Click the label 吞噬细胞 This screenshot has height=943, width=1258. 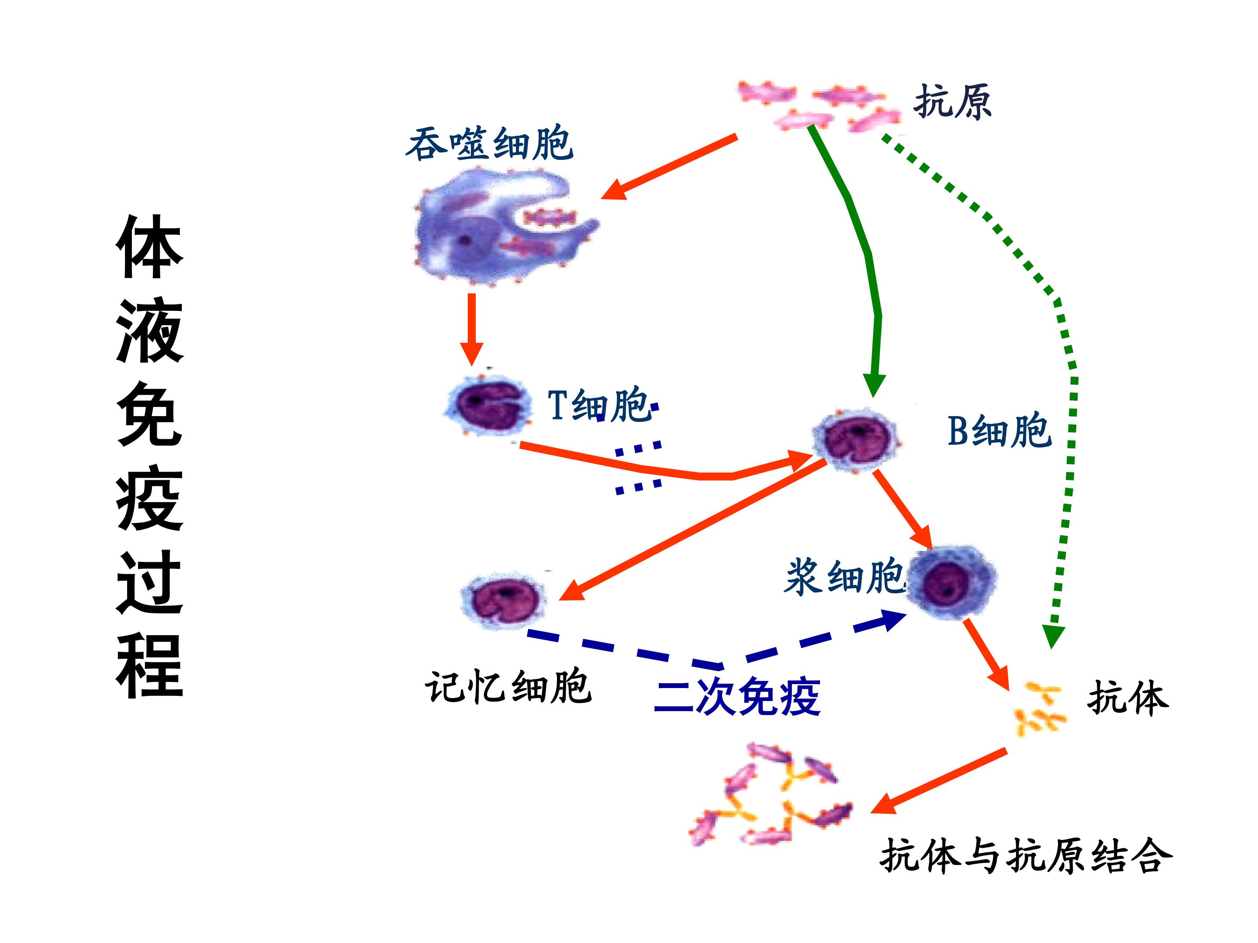(x=490, y=143)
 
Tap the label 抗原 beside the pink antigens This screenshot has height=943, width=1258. (x=953, y=102)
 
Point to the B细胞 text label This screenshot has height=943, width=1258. (x=999, y=430)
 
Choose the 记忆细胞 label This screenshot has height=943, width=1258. (x=508, y=687)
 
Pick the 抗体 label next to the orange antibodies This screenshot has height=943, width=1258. (x=1128, y=698)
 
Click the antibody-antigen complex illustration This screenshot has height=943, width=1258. (x=771, y=795)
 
